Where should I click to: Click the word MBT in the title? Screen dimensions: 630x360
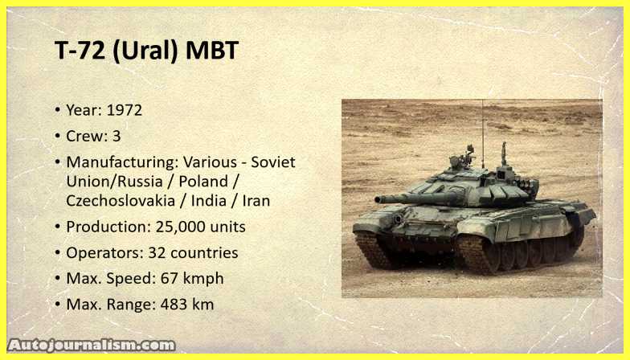click(x=212, y=50)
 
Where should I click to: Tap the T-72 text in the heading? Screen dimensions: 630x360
click(x=80, y=50)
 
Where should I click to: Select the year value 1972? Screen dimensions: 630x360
click(x=125, y=110)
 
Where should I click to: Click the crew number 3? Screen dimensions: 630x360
click(x=117, y=137)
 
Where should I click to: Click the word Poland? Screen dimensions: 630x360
click(x=203, y=182)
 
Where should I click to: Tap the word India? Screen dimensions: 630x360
click(x=209, y=201)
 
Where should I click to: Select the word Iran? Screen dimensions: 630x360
click(x=256, y=201)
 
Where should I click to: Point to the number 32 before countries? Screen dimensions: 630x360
click(x=157, y=252)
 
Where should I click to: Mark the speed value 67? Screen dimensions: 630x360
click(x=169, y=278)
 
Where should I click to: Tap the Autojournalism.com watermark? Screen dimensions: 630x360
click(x=92, y=346)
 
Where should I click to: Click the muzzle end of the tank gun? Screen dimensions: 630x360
click(x=378, y=199)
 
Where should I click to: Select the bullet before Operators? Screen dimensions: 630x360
click(x=58, y=253)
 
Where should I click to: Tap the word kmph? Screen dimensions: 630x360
click(x=203, y=279)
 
